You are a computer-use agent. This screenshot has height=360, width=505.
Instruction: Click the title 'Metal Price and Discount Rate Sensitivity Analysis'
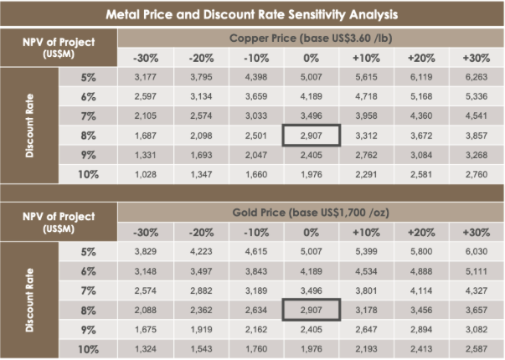[252, 13]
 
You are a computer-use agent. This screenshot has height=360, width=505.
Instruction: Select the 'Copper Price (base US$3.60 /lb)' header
[311, 39]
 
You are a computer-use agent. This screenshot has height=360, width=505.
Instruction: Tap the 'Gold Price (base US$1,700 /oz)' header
[311, 213]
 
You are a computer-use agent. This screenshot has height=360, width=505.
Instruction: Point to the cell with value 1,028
[146, 174]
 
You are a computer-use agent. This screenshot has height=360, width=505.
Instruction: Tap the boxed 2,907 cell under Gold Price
[311, 308]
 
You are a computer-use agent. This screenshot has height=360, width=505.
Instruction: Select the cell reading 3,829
[146, 251]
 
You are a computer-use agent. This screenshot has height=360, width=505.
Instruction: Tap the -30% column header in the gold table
[146, 232]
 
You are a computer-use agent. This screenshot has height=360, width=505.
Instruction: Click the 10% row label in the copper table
[88, 174]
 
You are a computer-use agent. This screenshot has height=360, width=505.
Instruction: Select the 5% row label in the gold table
[88, 251]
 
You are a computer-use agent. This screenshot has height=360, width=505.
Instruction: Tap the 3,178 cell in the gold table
[365, 308]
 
